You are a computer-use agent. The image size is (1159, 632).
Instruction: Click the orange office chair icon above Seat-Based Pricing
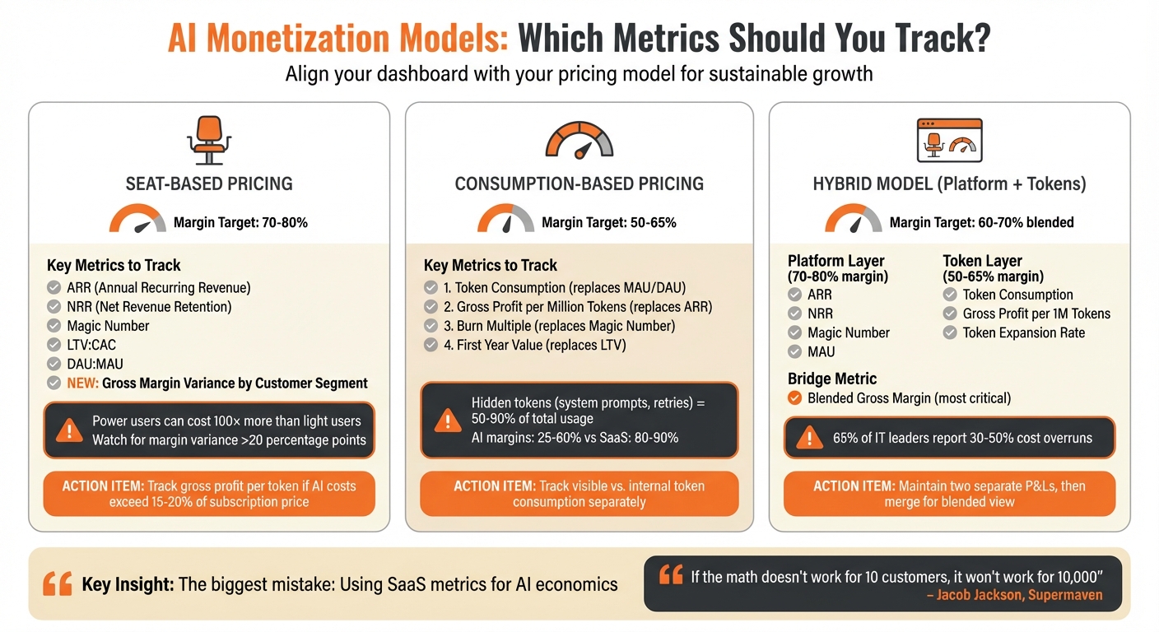[x=208, y=141]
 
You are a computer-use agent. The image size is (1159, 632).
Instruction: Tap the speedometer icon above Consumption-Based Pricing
[x=579, y=141]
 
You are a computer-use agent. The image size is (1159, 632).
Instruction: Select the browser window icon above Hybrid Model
[x=949, y=141]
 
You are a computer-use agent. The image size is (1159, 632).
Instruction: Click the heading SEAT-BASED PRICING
[x=209, y=184]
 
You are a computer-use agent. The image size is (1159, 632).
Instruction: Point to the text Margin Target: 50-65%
[x=608, y=222]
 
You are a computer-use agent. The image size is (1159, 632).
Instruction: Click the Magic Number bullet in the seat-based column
[x=109, y=326]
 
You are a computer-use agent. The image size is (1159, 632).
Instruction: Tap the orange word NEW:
[x=84, y=383]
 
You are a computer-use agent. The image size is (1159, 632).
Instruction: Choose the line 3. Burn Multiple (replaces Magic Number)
[x=559, y=326]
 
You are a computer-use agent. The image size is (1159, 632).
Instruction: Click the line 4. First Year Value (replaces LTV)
[x=535, y=345]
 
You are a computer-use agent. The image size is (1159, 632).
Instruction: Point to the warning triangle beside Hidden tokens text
[x=448, y=421]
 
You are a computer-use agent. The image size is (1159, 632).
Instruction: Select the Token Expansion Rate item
[x=1024, y=332]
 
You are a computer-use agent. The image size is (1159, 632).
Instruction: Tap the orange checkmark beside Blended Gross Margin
[x=795, y=398]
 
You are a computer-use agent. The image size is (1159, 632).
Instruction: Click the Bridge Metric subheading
[x=832, y=379]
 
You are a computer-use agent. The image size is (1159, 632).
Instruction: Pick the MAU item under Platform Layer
[x=822, y=351]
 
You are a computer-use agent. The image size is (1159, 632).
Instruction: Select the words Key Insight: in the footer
[x=127, y=585]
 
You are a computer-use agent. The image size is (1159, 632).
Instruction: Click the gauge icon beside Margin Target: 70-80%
[x=137, y=220]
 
